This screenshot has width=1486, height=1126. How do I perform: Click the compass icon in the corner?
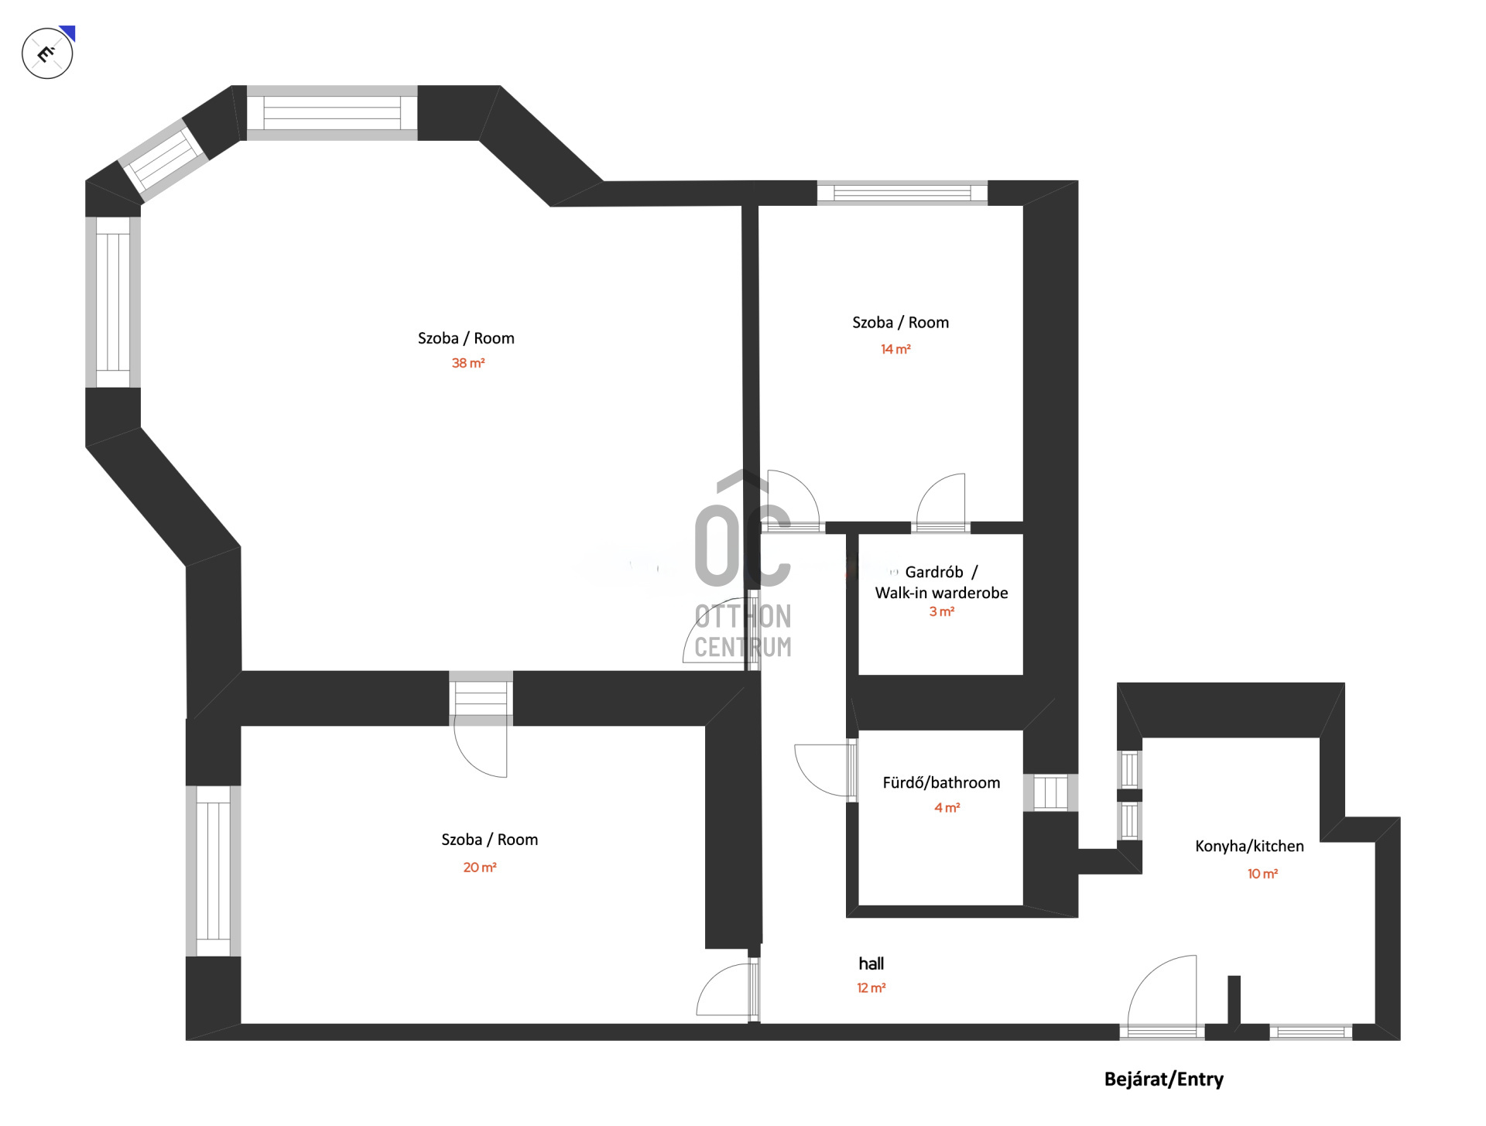pyautogui.click(x=48, y=53)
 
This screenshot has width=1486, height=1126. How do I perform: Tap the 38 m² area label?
pyautogui.click(x=468, y=363)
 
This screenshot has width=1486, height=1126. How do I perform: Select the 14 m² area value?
pyautogui.click(x=895, y=349)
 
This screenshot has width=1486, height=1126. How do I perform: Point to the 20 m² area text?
pyautogui.click(x=480, y=868)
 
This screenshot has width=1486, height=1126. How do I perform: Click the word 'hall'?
pyautogui.click(x=871, y=963)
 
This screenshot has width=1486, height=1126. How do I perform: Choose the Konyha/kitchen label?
pyautogui.click(x=1249, y=846)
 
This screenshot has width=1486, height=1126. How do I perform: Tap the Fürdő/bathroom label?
pyautogui.click(x=941, y=782)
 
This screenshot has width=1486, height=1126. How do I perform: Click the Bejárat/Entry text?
pyautogui.click(x=1163, y=1080)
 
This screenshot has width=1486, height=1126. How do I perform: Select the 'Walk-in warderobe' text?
pyautogui.click(x=941, y=593)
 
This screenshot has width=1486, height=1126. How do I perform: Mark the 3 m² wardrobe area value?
pyautogui.click(x=941, y=611)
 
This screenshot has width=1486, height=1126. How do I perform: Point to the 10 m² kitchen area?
pyautogui.click(x=1262, y=874)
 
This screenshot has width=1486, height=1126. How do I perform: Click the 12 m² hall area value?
pyautogui.click(x=871, y=988)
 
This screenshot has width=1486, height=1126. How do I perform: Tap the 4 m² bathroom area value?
pyautogui.click(x=947, y=808)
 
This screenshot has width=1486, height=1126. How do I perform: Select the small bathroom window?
pyautogui.click(x=1050, y=792)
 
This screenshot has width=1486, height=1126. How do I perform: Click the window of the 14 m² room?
pyautogui.click(x=902, y=193)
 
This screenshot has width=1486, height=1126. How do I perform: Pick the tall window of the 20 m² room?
pyautogui.click(x=213, y=871)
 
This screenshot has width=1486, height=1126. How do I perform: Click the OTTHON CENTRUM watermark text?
pyautogui.click(x=743, y=631)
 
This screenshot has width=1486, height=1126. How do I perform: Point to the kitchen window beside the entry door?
pyautogui.click(x=1310, y=1032)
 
